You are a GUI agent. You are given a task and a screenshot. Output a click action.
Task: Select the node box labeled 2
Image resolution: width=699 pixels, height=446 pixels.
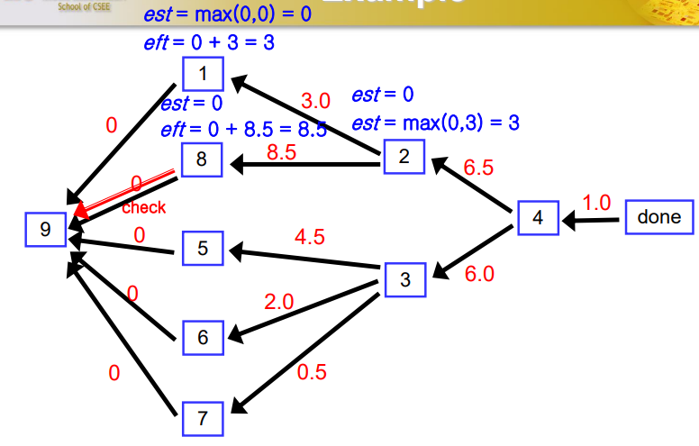(404, 157)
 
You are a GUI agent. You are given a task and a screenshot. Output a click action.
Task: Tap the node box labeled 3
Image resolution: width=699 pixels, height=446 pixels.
(405, 280)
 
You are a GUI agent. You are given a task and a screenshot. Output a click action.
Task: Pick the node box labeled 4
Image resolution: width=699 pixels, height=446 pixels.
(538, 218)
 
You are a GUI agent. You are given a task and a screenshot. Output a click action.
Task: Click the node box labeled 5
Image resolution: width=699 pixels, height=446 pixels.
(203, 248)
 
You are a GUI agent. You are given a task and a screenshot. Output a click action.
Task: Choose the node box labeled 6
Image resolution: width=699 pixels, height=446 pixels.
(203, 337)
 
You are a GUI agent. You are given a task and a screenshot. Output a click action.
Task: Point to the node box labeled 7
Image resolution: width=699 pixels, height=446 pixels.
(203, 417)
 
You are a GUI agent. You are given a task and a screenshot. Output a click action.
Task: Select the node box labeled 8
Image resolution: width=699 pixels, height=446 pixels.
(202, 160)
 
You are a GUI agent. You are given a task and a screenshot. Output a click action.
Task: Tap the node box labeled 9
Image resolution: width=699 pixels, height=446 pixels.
(45, 230)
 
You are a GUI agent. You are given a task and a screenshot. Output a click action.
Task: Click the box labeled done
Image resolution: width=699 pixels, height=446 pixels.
(659, 217)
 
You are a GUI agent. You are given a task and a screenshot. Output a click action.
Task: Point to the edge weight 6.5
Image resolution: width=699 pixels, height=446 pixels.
(478, 167)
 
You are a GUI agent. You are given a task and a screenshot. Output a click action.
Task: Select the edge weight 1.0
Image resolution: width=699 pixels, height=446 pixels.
(596, 202)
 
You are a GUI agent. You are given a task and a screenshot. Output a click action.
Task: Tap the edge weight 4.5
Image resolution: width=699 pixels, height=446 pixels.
(310, 238)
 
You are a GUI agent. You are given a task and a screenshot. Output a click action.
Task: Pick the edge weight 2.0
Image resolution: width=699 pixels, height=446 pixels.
(279, 302)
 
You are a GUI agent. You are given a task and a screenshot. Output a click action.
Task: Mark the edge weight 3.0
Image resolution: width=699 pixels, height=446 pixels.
(315, 100)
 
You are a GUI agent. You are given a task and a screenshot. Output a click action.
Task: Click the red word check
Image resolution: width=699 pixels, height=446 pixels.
(144, 208)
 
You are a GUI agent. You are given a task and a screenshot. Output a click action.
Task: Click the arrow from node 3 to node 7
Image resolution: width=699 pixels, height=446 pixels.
(306, 350)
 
